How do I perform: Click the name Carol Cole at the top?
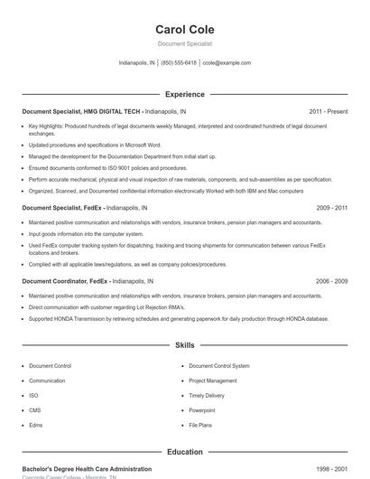tap(184, 30)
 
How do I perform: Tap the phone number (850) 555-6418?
tap(179, 63)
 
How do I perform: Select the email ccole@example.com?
tap(227, 63)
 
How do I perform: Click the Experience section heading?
tap(184, 94)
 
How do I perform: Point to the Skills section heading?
tap(184, 345)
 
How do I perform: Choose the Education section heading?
tap(184, 452)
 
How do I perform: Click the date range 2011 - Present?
tap(328, 111)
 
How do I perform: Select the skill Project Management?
tap(213, 380)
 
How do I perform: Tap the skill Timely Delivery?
tap(207, 395)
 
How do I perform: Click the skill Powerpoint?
tap(202, 409)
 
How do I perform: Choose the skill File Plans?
tap(200, 424)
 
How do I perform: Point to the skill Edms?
tap(36, 424)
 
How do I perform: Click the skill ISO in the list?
tap(33, 395)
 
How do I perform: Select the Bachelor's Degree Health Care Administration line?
tap(87, 469)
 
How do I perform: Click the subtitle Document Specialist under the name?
tap(184, 43)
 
